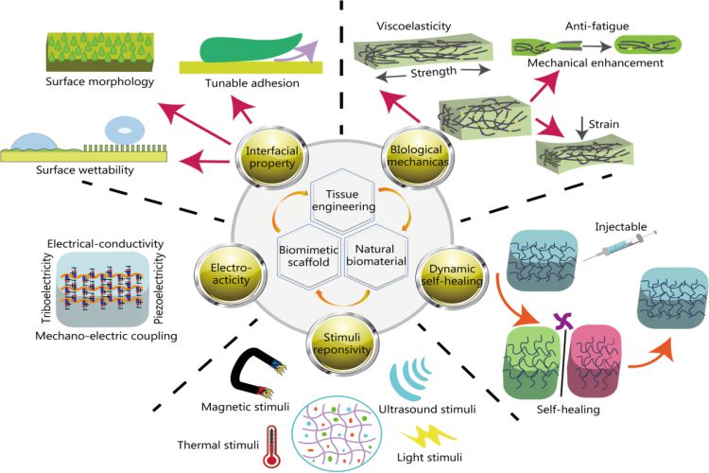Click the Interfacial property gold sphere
pos(271,157)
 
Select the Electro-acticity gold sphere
pos(231,273)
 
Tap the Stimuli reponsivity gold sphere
pos(342,343)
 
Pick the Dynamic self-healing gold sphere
pos(452,275)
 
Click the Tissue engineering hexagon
pos(343,200)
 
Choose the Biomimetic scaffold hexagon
pos(309,255)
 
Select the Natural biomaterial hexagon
pos(376,255)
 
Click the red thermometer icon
pos(271,447)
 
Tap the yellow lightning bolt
pos(427,436)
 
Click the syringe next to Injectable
pos(619,246)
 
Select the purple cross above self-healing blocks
pos(563,321)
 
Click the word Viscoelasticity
pos(414,26)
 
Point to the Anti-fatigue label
pos(597,26)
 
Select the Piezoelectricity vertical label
pos(159,289)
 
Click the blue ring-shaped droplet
pos(124,131)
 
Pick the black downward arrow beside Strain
pos(582,128)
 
